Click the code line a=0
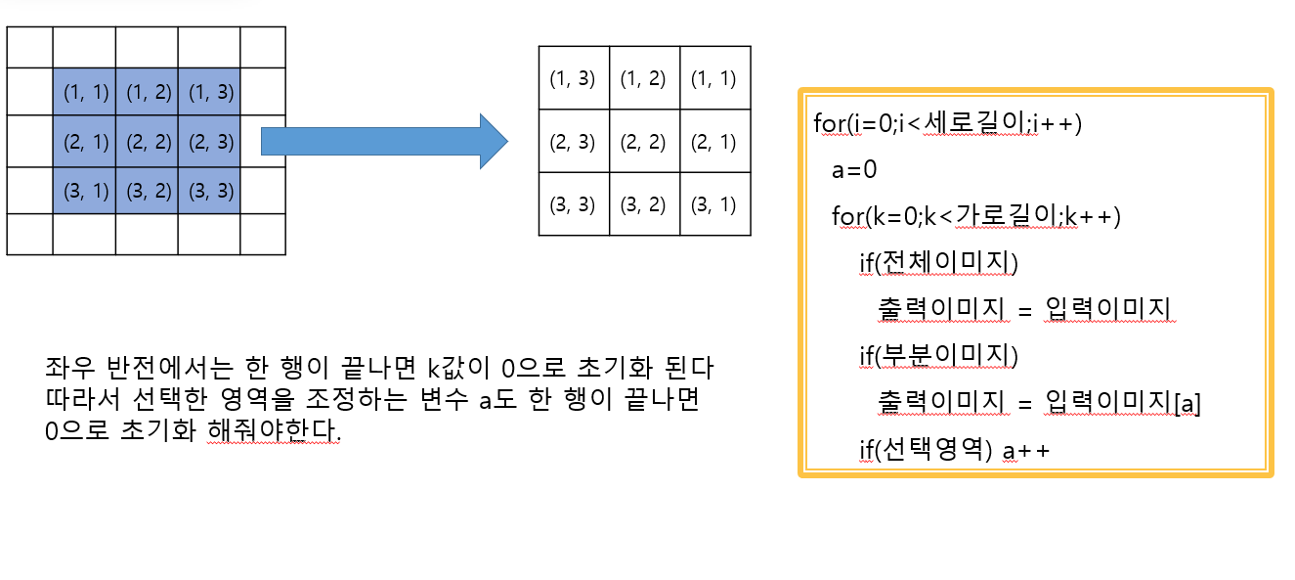tap(854, 170)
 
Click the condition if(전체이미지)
tap(938, 262)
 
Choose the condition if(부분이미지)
tap(938, 356)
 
